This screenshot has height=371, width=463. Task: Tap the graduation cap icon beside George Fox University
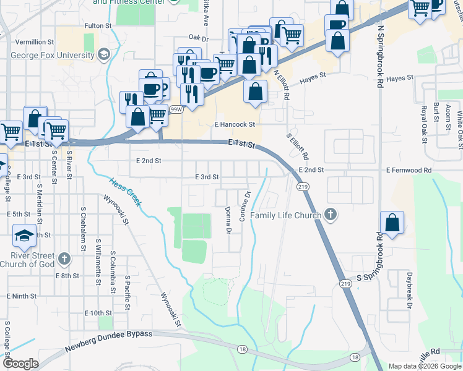click(104, 54)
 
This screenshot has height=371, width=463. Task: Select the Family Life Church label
click(285, 215)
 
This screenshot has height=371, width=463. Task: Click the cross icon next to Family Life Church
click(331, 215)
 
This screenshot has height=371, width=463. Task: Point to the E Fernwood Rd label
click(409, 169)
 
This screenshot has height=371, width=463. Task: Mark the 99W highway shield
click(177, 109)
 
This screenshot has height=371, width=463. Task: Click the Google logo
click(21, 364)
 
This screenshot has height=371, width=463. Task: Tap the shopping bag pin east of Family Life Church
click(392, 223)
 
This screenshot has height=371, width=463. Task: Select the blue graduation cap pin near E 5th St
click(24, 235)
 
